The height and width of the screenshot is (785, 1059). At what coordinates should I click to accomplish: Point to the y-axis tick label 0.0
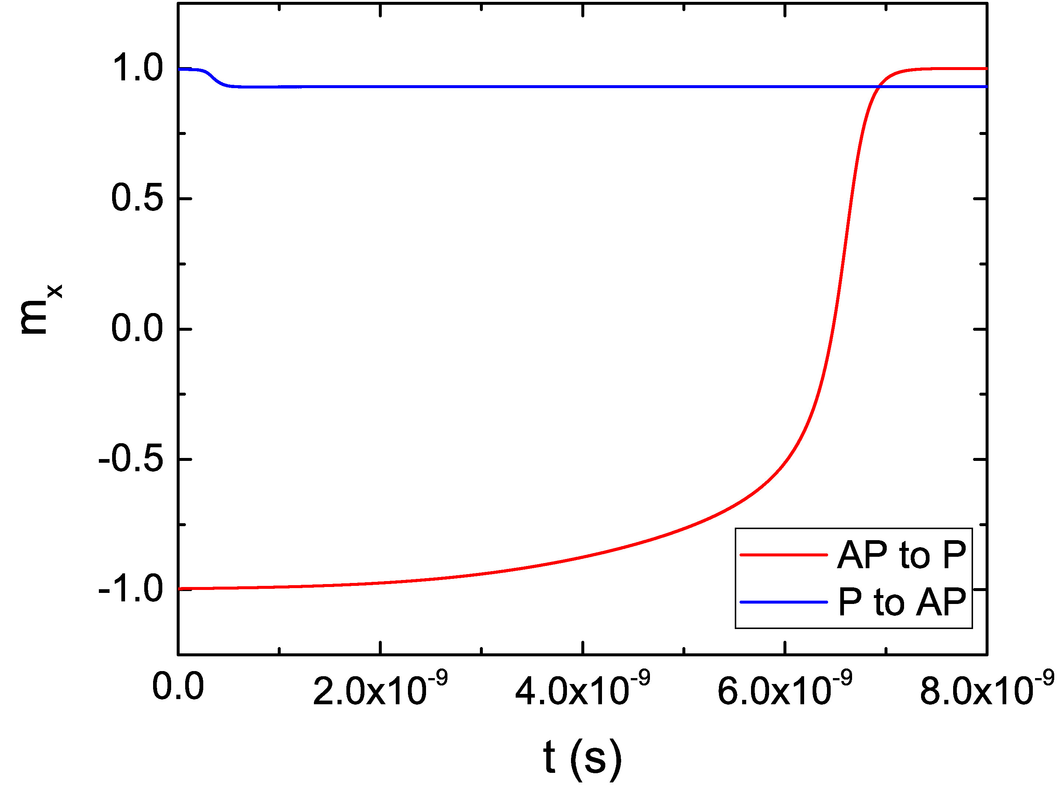(137, 329)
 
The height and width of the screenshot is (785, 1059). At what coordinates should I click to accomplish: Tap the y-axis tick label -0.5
(131, 459)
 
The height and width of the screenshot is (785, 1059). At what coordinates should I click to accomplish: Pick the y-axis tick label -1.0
(131, 590)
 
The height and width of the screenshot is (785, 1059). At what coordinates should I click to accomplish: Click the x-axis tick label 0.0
(178, 688)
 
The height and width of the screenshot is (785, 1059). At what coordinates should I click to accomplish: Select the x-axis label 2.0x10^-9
(380, 689)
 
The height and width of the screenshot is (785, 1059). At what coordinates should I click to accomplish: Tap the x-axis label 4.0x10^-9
(582, 689)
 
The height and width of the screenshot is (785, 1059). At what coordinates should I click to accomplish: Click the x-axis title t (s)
(582, 756)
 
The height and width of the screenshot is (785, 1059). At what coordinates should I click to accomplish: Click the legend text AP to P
(901, 555)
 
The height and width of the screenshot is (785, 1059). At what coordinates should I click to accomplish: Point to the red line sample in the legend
(783, 555)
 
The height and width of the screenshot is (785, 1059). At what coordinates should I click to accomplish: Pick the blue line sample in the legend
(783, 602)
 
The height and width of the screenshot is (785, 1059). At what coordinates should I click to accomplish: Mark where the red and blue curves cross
(879, 87)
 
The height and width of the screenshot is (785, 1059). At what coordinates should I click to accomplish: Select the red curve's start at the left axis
(180, 589)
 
